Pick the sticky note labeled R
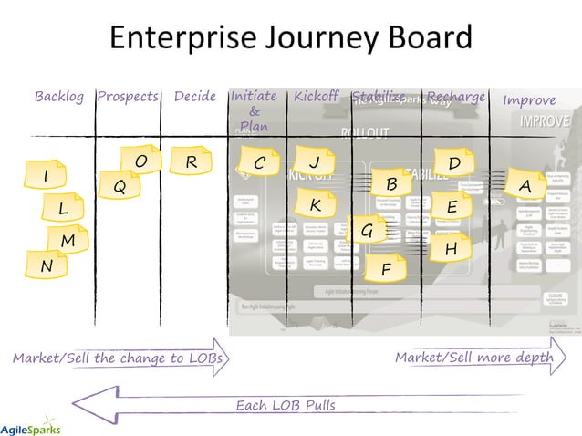click(190, 162)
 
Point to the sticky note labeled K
click(315, 204)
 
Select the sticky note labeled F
click(387, 269)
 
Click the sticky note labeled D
click(454, 163)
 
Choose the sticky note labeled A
click(525, 184)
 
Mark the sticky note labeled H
click(451, 248)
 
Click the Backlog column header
click(59, 97)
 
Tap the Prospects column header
click(128, 97)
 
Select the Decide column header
click(195, 97)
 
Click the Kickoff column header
click(316, 97)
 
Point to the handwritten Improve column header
click(529, 99)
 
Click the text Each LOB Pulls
click(286, 404)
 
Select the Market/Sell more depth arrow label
click(473, 358)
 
